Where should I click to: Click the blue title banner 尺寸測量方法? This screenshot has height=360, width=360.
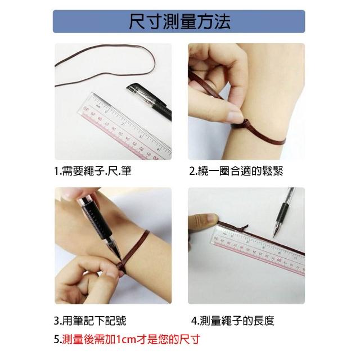pyautogui.click(x=179, y=21)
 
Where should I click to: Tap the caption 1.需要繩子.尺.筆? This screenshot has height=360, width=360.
pyautogui.click(x=93, y=171)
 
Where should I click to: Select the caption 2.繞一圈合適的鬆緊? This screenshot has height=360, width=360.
pyautogui.click(x=236, y=171)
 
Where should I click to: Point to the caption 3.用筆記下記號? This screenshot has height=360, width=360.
pyautogui.click(x=90, y=321)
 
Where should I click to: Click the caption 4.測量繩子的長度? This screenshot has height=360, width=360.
pyautogui.click(x=233, y=321)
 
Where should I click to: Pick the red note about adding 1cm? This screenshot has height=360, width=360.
pyautogui.click(x=127, y=339)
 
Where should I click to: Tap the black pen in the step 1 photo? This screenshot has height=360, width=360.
pyautogui.click(x=149, y=101)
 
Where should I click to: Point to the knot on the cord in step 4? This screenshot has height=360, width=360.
pyautogui.click(x=244, y=228)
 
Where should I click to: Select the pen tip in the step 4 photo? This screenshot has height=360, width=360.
pyautogui.click(x=274, y=235)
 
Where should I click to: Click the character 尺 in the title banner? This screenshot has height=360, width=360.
pyautogui.click(x=137, y=21)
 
